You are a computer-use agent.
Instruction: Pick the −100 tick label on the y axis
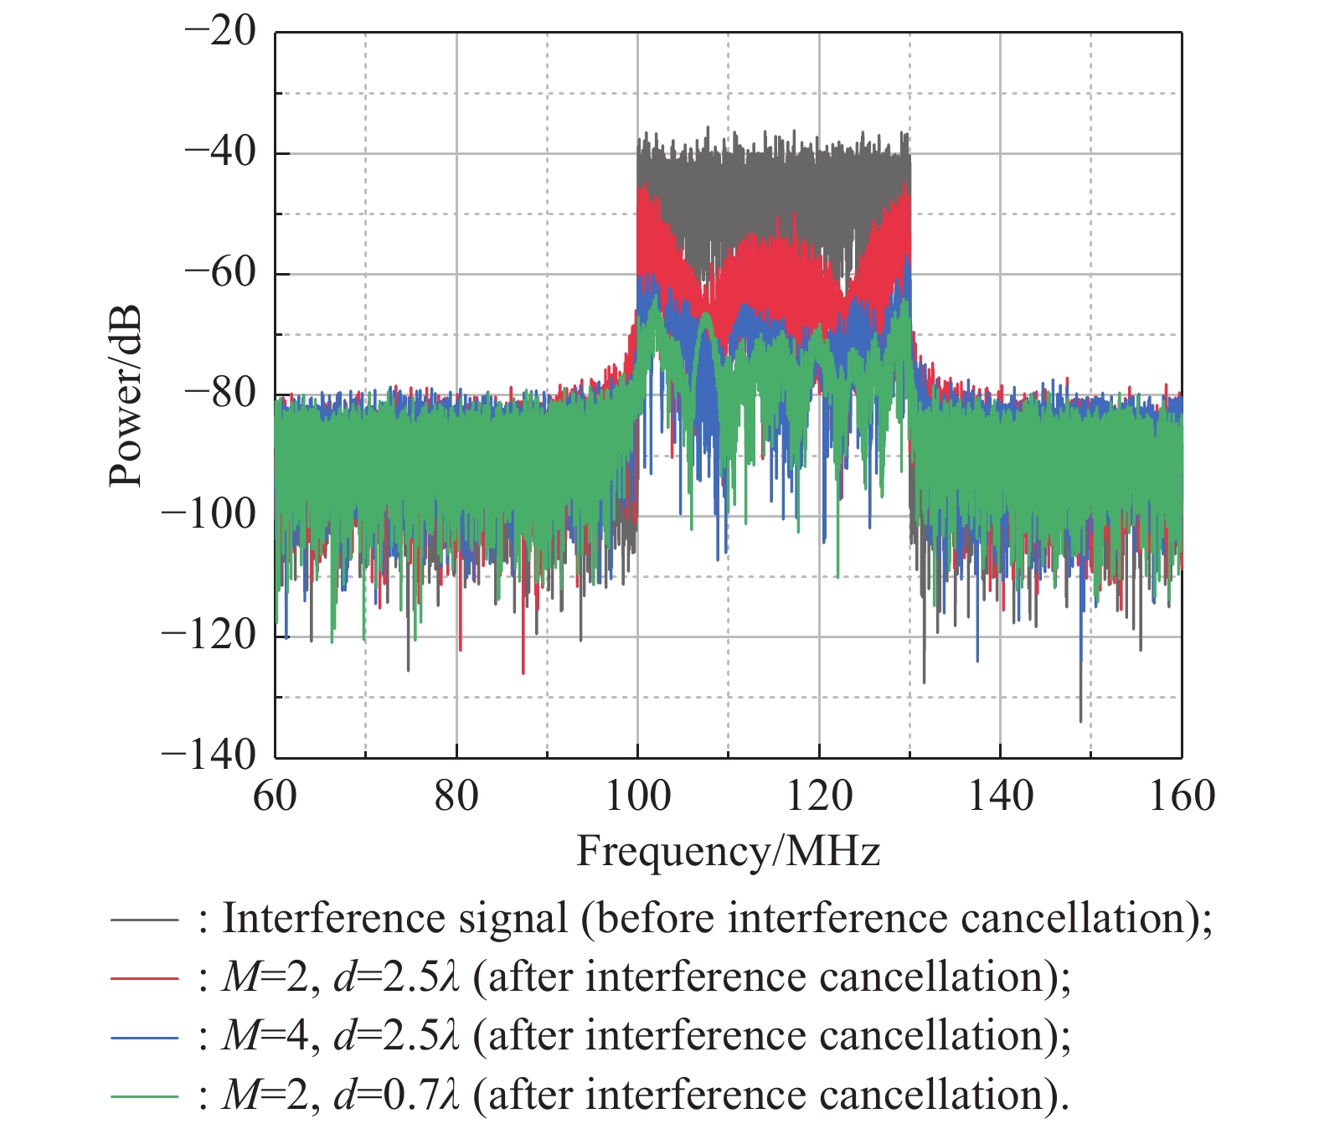pyautogui.click(x=209, y=514)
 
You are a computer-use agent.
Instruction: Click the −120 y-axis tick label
pyautogui.click(x=209, y=635)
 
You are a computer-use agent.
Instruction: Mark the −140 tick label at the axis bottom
pyautogui.click(x=209, y=755)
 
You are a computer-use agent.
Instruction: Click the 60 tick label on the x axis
pyautogui.click(x=276, y=796)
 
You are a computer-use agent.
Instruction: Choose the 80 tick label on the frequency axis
pyautogui.click(x=456, y=796)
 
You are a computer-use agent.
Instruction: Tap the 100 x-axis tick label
pyautogui.click(x=637, y=796)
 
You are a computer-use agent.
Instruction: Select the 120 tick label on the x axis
pyautogui.click(x=819, y=796)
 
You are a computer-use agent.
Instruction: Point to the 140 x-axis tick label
pyautogui.click(x=1000, y=796)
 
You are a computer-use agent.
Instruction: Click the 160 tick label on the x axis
pyautogui.click(x=1181, y=796)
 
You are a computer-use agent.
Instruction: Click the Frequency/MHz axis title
pyautogui.click(x=728, y=853)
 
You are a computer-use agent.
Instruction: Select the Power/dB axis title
pyautogui.click(x=126, y=396)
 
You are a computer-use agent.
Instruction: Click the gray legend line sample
pyautogui.click(x=144, y=920)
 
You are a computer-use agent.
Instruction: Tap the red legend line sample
pyautogui.click(x=144, y=979)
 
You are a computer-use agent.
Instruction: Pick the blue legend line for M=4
pyautogui.click(x=144, y=1038)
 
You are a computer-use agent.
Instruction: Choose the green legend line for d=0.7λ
pyautogui.click(x=144, y=1096)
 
